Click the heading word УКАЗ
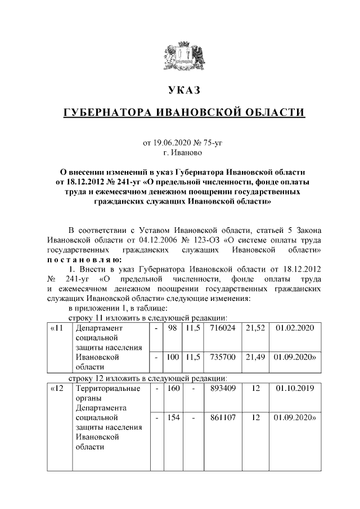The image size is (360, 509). (x=184, y=90)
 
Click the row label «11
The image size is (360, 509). (x=56, y=328)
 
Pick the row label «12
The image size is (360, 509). (x=56, y=389)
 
